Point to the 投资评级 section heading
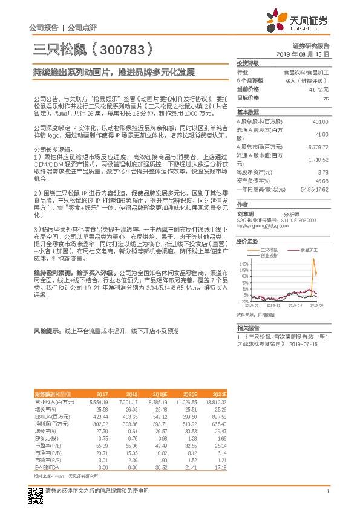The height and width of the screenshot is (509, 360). pos(247,63)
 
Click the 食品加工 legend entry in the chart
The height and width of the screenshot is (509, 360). pos(307,250)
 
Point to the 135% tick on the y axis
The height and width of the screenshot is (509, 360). pos(244,264)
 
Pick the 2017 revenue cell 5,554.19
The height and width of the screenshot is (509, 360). pos(98,401)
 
